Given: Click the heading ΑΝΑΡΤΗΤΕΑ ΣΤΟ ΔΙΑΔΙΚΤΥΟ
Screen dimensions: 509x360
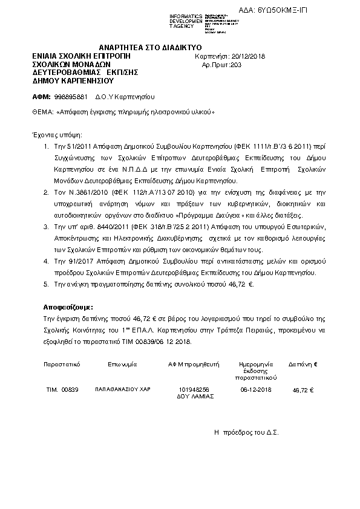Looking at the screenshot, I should (151, 47).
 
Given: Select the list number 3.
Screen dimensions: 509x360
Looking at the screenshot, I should (47, 226).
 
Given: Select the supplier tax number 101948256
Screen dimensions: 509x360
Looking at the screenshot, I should (194, 390).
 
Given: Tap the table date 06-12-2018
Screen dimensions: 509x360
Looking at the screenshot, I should (257, 390).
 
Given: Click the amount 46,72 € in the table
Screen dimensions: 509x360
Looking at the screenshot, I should (303, 390).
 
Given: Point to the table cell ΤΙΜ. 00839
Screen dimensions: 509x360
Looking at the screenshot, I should (62, 390).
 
